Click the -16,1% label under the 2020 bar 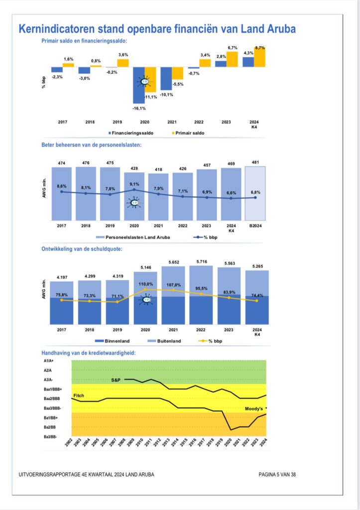139,108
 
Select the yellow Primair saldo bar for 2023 232,59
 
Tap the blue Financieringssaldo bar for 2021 166,78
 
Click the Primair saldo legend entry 188,133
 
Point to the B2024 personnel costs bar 255,194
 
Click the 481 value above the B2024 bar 255,162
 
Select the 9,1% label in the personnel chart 134,184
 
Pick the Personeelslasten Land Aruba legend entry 133,237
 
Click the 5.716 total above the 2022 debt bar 202,261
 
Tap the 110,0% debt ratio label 145,284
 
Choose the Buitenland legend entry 164,341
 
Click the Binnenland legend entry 112,341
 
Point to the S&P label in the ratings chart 116,380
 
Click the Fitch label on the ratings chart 79,395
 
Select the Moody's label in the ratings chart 254,408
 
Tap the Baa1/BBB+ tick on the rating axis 53,389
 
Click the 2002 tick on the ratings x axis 69,442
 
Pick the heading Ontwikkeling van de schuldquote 82,249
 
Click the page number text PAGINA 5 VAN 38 277,475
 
